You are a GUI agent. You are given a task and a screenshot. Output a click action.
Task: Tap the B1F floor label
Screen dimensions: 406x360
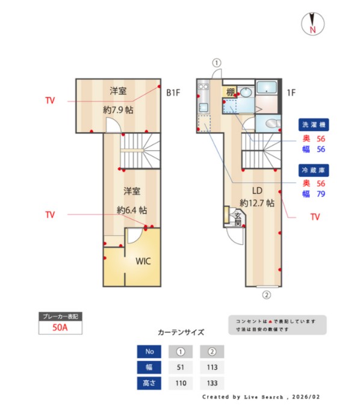[173, 93]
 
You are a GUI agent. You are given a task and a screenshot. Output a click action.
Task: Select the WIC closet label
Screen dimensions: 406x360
[143, 261]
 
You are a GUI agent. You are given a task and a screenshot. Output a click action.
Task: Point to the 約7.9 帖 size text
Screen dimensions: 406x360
[118, 110]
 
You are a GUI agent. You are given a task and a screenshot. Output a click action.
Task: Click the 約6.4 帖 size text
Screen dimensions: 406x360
[131, 211]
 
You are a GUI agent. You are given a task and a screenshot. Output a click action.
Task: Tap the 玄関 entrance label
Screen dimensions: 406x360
[237, 218]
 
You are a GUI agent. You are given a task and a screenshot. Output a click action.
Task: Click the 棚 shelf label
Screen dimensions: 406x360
[231, 92]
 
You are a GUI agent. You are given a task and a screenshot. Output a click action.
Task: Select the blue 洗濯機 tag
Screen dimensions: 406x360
[314, 125]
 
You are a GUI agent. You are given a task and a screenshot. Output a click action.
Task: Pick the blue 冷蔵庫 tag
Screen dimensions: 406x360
[314, 170]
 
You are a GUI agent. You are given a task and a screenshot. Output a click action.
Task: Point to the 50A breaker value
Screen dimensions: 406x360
[59, 328]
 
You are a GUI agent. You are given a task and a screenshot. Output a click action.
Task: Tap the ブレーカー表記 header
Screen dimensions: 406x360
[59, 316]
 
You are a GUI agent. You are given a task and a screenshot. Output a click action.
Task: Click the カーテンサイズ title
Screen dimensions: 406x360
[181, 332]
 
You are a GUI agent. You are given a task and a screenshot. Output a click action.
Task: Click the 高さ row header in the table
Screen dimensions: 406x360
[149, 383]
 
